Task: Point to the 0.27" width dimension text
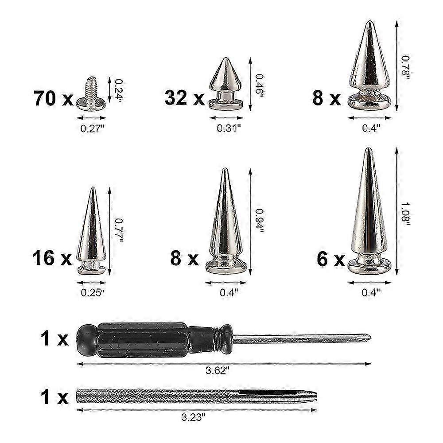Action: point(92,128)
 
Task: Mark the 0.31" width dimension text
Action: point(229,128)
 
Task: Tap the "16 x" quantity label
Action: point(52,258)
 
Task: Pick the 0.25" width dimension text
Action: point(92,292)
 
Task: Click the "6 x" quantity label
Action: point(330,259)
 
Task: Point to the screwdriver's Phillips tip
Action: point(366,338)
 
